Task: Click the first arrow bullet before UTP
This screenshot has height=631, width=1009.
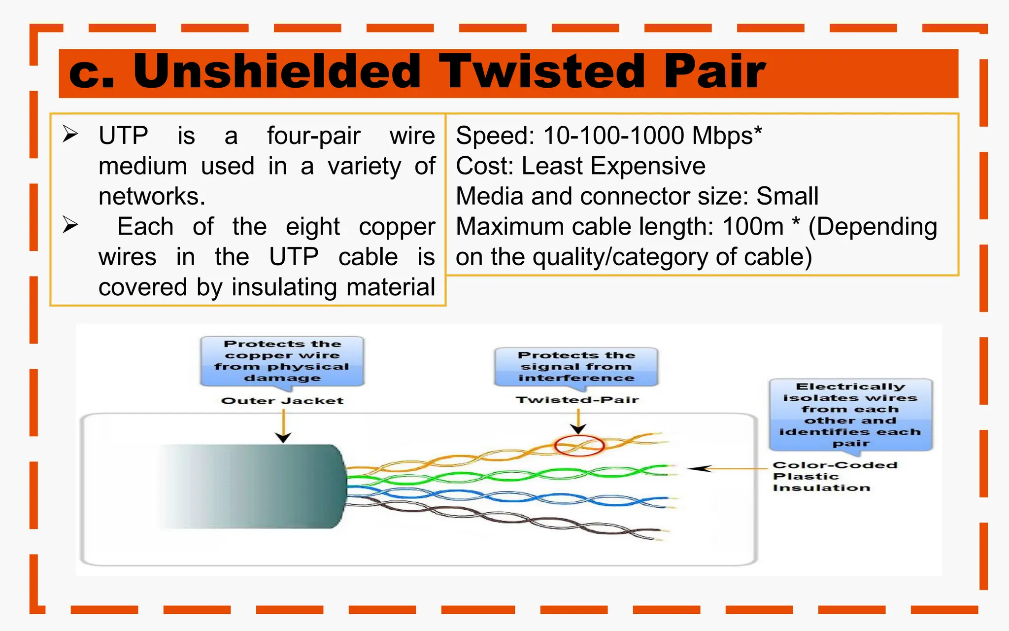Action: click(x=70, y=134)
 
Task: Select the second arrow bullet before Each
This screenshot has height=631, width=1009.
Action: click(x=70, y=225)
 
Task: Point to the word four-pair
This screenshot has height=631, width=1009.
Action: click(x=313, y=136)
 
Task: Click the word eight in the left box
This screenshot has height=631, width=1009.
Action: click(x=312, y=227)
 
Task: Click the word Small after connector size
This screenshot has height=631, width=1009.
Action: click(x=787, y=196)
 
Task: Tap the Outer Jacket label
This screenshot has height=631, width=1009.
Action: click(x=282, y=401)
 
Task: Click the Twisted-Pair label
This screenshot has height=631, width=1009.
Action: click(x=577, y=400)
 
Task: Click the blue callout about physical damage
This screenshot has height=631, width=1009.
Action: click(x=282, y=361)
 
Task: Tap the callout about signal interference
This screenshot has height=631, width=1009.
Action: click(x=576, y=366)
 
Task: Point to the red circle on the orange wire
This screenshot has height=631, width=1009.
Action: click(x=579, y=446)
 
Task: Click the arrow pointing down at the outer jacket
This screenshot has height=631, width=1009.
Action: click(x=283, y=427)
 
